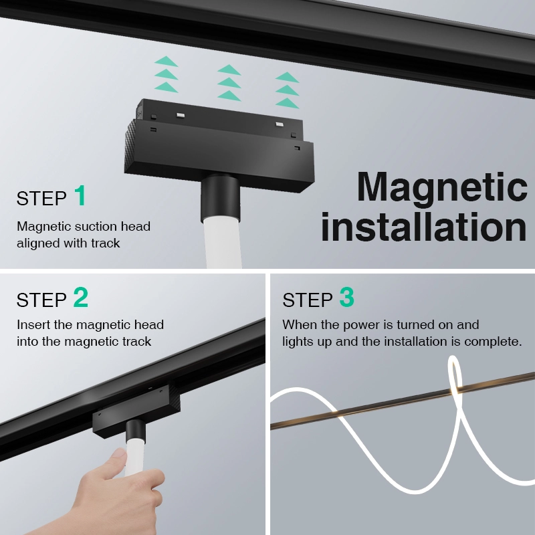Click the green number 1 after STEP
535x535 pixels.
coord(80,195)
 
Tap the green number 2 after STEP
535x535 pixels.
coord(81,297)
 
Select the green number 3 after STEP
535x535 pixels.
coord(346,297)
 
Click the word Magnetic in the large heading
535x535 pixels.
coord(442,187)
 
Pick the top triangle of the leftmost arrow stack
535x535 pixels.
coord(166,62)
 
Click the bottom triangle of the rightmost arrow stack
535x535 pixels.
coord(288,103)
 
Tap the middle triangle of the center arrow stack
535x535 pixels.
coord(229,83)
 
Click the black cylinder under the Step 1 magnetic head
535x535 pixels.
coord(221,198)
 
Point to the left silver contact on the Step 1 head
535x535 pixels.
coord(181,115)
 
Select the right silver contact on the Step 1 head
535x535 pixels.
coord(280,124)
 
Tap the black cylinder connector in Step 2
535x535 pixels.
coord(135,431)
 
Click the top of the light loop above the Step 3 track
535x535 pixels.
coord(453,358)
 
